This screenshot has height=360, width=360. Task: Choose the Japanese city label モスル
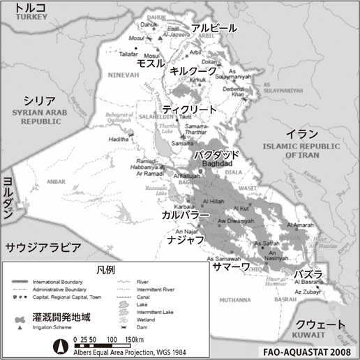pyautogui.click(x=149, y=62)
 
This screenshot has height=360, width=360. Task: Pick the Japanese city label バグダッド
pyautogui.click(x=217, y=154)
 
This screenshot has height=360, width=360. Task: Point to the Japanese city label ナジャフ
pyautogui.click(x=186, y=239)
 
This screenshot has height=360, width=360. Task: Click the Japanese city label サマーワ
pyautogui.click(x=234, y=267)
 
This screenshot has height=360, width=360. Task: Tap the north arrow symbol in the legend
pyautogui.click(x=61, y=341)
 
